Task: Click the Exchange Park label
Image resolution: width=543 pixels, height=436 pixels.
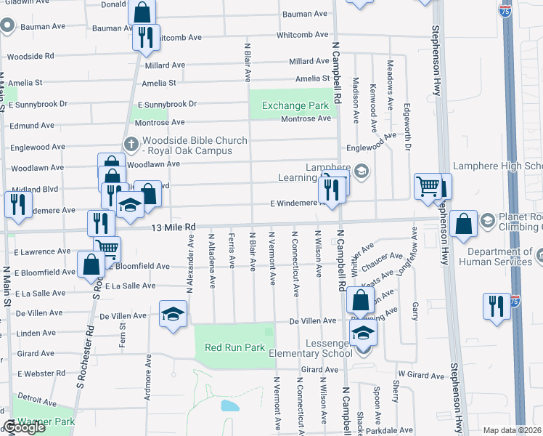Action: coord(295,106)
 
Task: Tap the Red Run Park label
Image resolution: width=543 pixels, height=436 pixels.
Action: coord(234,347)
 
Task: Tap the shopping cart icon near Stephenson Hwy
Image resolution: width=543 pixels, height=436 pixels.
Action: coord(427,185)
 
